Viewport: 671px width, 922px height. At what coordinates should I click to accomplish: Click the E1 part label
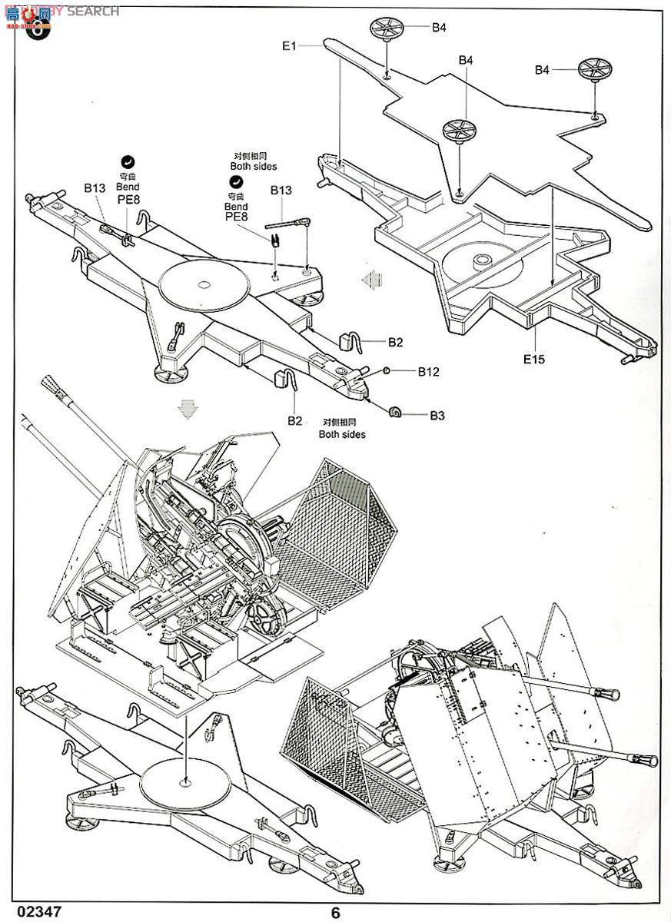[288, 46]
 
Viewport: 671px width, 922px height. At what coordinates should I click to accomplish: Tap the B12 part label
[429, 372]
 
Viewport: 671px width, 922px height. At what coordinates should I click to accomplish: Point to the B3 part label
[437, 415]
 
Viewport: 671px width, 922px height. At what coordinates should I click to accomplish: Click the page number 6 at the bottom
[335, 913]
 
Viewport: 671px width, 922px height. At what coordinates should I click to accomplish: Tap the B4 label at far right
[543, 70]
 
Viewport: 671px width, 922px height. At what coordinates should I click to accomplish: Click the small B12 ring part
[387, 372]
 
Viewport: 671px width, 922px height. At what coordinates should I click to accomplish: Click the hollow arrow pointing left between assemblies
[372, 277]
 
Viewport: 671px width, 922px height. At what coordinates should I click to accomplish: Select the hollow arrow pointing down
[185, 408]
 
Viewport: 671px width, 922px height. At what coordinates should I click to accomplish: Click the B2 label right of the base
[395, 343]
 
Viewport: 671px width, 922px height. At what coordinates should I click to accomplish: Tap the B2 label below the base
[295, 420]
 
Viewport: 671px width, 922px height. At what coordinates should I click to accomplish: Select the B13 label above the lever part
[281, 191]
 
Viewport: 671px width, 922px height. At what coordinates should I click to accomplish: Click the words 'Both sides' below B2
[342, 434]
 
